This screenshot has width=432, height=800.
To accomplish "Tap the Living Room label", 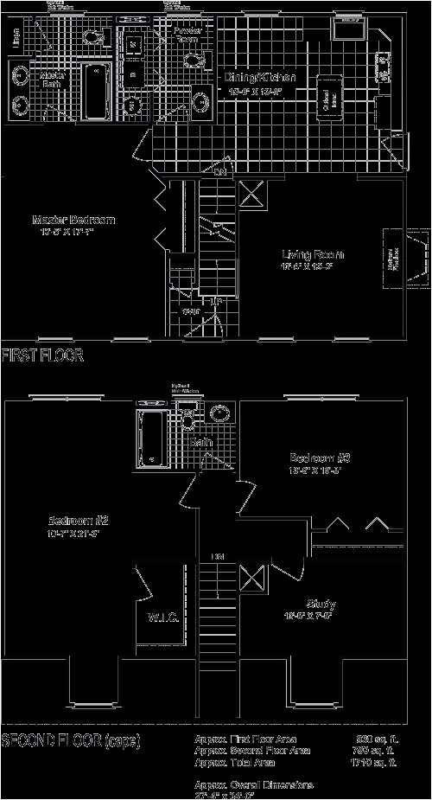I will [313, 254].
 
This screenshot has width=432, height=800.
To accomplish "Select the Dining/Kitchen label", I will [260, 77].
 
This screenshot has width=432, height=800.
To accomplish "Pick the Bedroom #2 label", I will [77, 521].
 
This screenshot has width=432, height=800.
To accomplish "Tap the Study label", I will [321, 603].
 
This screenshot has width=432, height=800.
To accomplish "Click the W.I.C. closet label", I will [162, 618].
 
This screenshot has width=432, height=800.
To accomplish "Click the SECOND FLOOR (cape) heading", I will [71, 741].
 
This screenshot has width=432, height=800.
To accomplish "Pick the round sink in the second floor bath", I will [220, 413].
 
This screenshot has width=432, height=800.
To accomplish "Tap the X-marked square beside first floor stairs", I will [252, 193].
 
